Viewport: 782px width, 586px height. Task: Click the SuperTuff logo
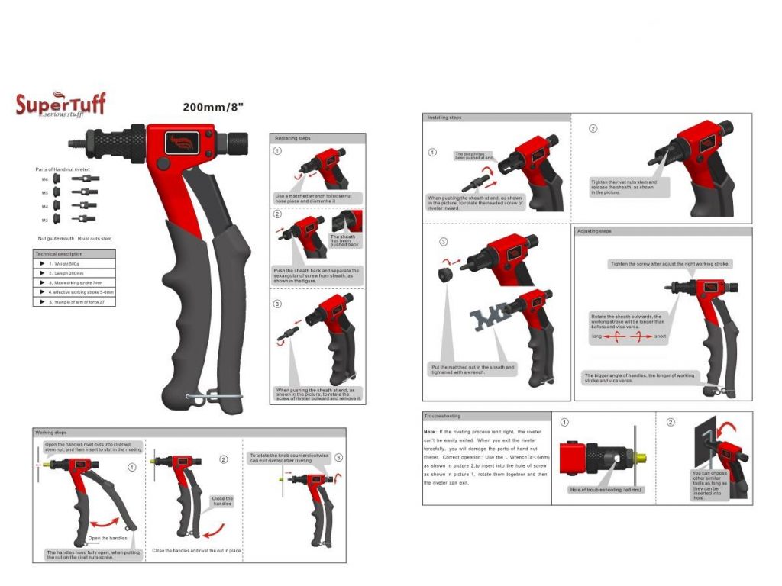60,104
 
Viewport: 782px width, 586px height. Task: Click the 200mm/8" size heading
213,107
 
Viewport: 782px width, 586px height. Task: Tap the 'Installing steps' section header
444,118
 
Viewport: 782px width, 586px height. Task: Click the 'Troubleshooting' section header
442,416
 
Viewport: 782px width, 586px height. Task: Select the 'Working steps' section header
51,433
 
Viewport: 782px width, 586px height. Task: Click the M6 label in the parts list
45,179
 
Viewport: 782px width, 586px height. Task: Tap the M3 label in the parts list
45,220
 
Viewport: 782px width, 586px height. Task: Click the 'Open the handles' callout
106,538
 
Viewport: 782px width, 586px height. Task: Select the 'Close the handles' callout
221,501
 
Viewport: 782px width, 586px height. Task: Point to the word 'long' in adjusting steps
596,336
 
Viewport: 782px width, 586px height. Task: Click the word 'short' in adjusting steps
661,336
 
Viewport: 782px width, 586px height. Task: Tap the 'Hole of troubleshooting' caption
606,489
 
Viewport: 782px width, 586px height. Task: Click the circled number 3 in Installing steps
443,242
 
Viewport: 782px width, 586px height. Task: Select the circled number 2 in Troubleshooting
671,422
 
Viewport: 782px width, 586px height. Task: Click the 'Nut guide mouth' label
56,239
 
